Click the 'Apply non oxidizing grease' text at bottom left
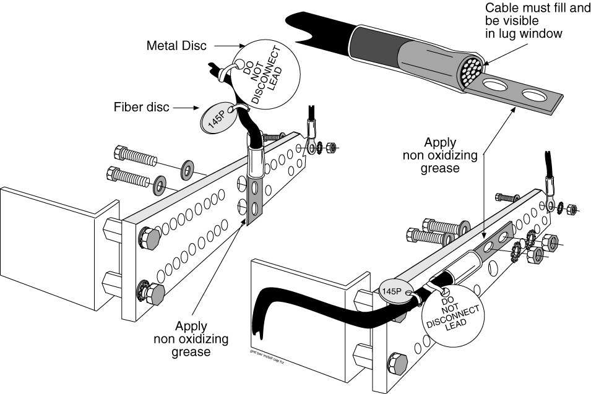pyautogui.click(x=191, y=339)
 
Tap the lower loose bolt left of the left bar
pyautogui.click(x=129, y=176)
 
